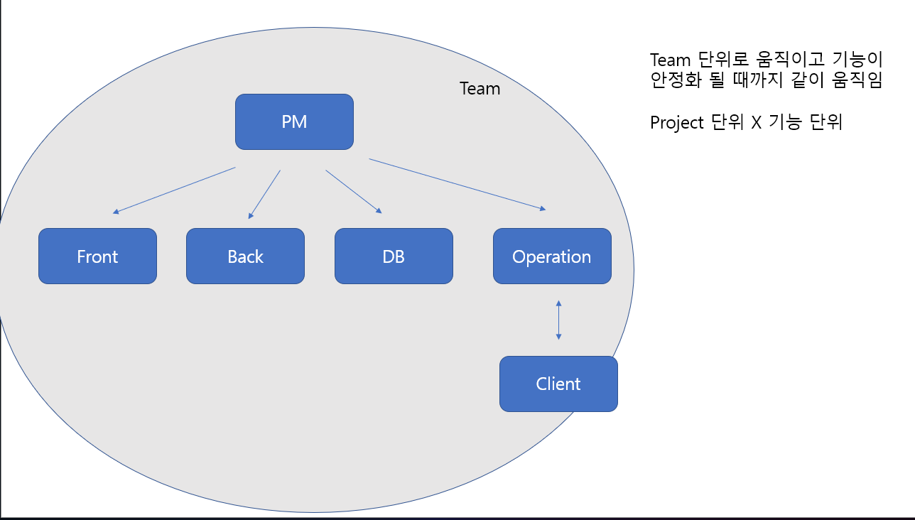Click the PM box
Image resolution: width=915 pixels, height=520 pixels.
click(294, 121)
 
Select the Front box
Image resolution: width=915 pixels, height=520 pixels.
click(97, 256)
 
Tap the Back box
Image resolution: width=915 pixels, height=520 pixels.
click(245, 256)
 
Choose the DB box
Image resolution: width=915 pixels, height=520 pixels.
click(394, 256)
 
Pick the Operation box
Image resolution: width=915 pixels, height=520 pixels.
click(552, 256)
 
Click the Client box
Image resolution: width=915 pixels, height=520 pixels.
click(558, 384)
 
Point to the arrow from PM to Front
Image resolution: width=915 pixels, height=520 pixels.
click(174, 190)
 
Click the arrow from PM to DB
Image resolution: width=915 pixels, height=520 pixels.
click(354, 191)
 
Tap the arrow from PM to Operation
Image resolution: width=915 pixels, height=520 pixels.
click(457, 184)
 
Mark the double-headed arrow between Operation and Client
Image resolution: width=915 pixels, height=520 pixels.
click(558, 320)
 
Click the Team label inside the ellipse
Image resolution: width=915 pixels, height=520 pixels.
click(480, 89)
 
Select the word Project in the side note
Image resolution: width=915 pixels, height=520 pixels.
click(677, 123)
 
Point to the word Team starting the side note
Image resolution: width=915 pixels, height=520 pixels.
click(671, 60)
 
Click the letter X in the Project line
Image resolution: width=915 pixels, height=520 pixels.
click(756, 123)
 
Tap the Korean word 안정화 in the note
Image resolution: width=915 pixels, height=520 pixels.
click(673, 80)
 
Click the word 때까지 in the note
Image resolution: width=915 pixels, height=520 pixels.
click(757, 80)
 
